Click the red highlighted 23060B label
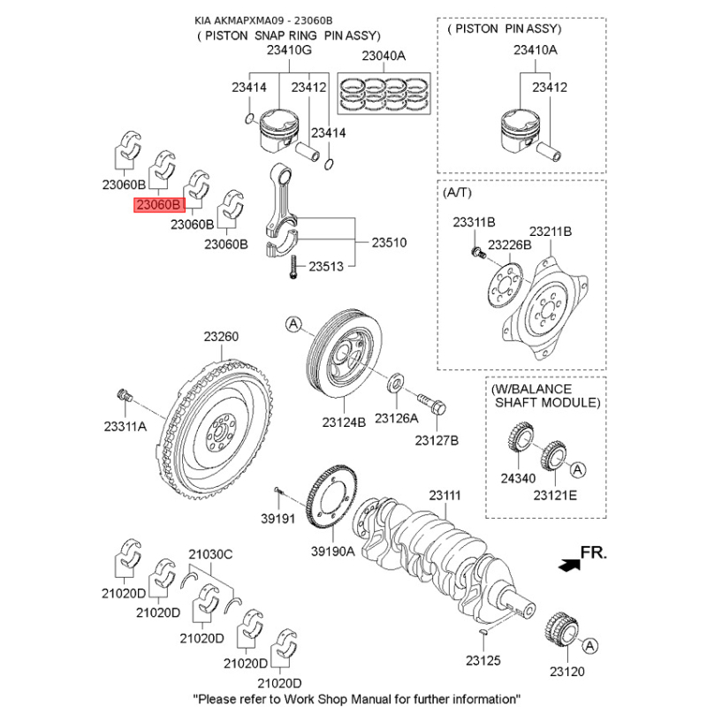pyautogui.click(x=158, y=205)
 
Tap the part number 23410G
pyautogui.click(x=289, y=51)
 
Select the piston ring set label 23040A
pyautogui.click(x=383, y=57)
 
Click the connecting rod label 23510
pyautogui.click(x=389, y=241)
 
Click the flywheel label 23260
pyautogui.click(x=221, y=337)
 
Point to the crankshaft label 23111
pyautogui.click(x=445, y=496)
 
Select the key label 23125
pyautogui.click(x=483, y=659)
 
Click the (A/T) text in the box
pyautogui.click(x=458, y=191)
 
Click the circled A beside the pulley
pyautogui.click(x=293, y=325)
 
